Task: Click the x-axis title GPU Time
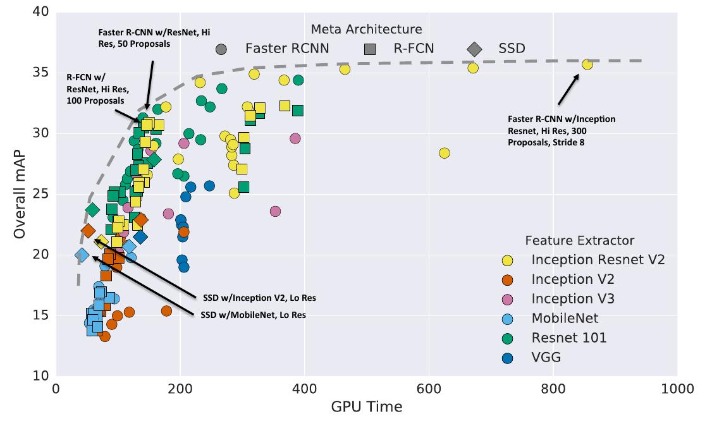[x=367, y=406]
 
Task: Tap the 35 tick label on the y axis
[x=39, y=72]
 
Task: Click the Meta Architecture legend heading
[x=366, y=29]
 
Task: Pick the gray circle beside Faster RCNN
[x=221, y=49]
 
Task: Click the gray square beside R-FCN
[x=371, y=49]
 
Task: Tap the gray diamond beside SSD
[x=474, y=49]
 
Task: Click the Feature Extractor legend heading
[x=579, y=240]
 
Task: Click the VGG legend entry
[x=546, y=357]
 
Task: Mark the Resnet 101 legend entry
[x=569, y=338]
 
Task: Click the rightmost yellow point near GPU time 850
[x=587, y=64]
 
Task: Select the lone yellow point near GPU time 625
[x=445, y=153]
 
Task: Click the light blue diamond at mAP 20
[x=82, y=255]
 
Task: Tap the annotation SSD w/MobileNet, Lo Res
[x=253, y=314]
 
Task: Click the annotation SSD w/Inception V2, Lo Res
[x=259, y=297]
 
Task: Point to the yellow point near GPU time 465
[x=345, y=69]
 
